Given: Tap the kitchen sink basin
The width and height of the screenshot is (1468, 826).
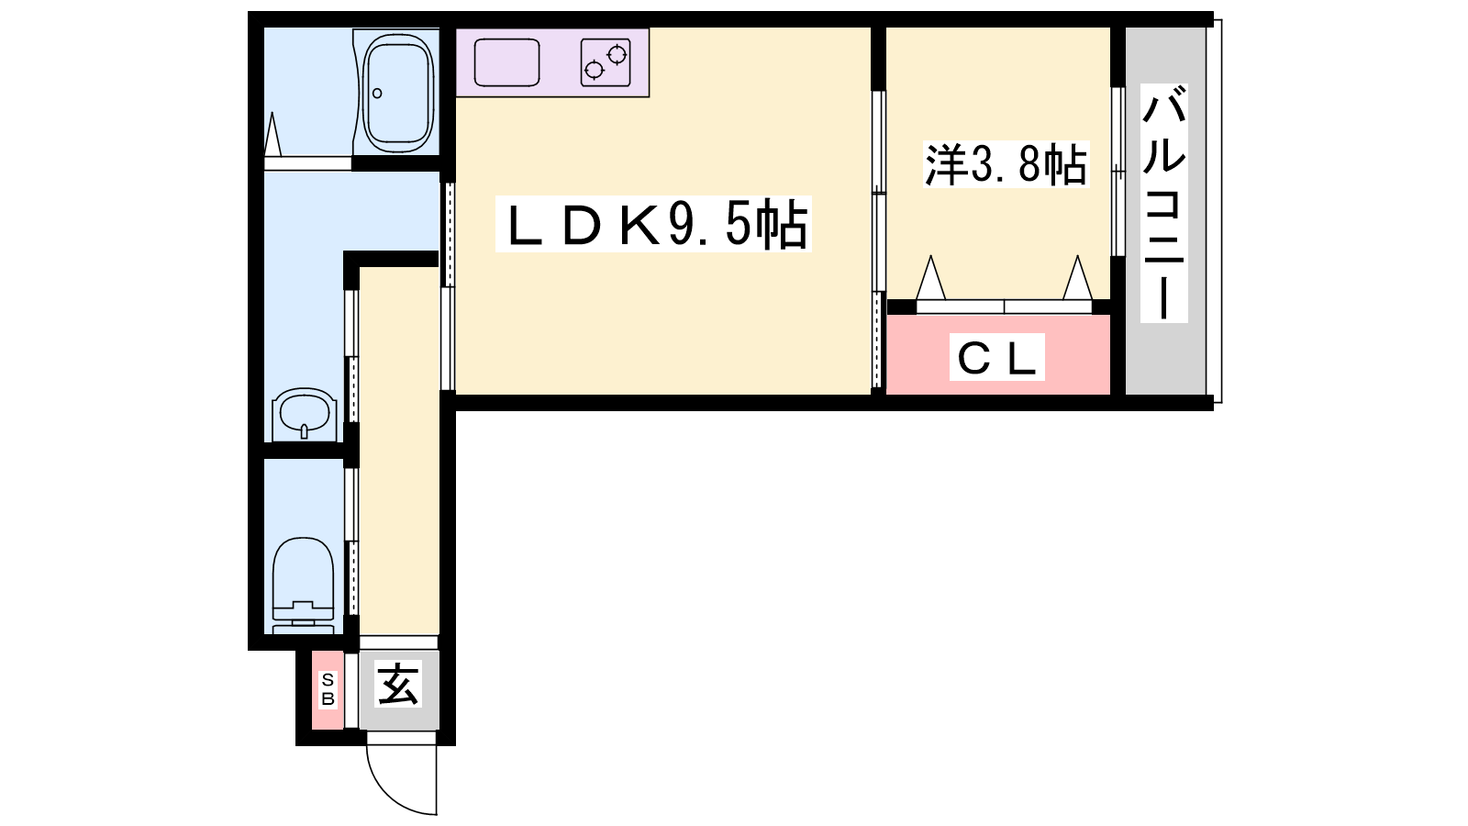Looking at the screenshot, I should pos(506,62).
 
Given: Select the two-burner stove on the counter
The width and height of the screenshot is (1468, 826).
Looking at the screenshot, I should pos(606,62).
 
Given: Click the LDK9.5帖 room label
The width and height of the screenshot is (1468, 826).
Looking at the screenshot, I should pos(653,225).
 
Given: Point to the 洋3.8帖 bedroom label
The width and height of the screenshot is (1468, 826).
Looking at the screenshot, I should pos(1006,165).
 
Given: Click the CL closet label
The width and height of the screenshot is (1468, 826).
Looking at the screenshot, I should pos(996,357).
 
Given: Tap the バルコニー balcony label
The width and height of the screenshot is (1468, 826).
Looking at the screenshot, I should pos(1163,202).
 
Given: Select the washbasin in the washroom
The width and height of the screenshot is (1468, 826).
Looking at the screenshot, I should pos(304,413).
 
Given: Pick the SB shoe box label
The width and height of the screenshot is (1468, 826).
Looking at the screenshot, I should pos(328,689).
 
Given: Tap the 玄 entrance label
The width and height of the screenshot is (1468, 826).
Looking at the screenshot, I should pos(398,684).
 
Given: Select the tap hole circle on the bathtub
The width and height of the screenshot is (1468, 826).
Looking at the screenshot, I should pos(377,93).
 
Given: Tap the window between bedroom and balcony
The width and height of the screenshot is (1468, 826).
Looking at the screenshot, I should pos(1118,171).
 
